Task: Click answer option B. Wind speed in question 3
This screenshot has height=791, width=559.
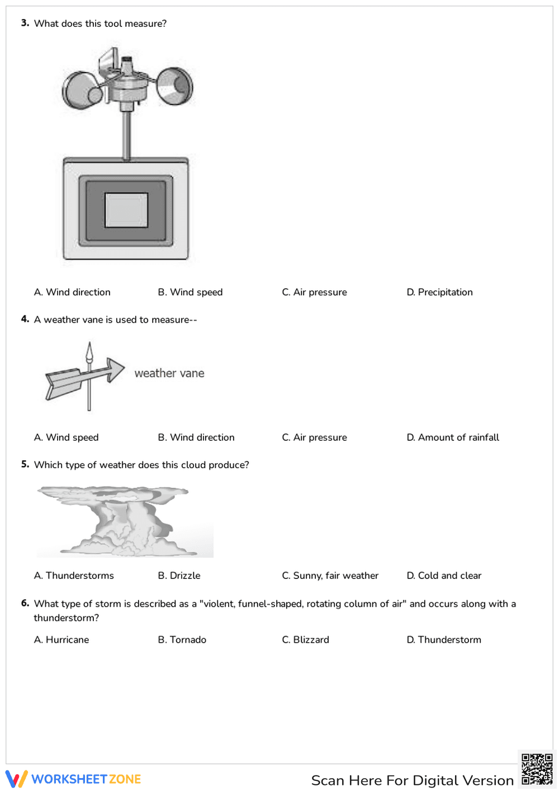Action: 190,292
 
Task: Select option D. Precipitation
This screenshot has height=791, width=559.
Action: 439,292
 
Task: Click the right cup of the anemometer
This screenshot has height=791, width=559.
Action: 175,86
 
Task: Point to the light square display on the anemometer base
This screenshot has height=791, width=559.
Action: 126,210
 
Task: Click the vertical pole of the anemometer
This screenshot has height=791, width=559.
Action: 127,134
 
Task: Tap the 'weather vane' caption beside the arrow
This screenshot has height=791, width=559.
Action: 169,373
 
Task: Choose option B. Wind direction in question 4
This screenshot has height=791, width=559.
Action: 196,437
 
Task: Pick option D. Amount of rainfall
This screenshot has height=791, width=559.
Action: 453,437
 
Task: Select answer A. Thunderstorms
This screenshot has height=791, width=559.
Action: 74,576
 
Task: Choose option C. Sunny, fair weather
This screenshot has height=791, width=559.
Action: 330,576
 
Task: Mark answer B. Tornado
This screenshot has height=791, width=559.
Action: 182,639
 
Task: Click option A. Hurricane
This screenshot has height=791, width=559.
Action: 61,639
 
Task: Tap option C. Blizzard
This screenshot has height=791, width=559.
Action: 305,639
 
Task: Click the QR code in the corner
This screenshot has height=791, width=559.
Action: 537,770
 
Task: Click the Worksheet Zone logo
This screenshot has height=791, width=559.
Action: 73,779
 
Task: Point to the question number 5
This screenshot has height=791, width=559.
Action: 25,464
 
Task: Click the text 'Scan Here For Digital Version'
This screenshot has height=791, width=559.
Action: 412,780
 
